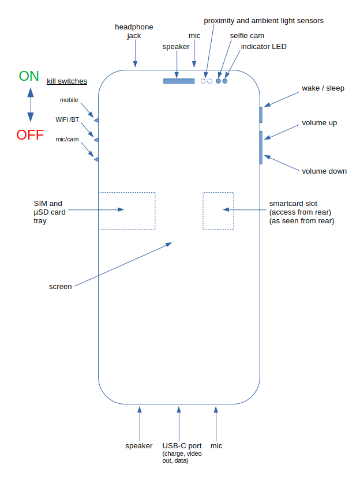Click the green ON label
click(29, 76)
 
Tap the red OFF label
click(30, 135)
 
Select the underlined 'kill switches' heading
click(67, 81)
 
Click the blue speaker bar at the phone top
click(179, 81)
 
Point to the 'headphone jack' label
click(134, 31)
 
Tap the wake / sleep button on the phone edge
click(261, 114)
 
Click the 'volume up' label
click(320, 123)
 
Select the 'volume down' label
click(324, 171)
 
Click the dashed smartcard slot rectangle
click(218, 211)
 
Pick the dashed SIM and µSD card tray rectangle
click(127, 211)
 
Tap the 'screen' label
click(61, 286)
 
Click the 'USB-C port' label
click(182, 445)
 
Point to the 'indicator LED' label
click(264, 47)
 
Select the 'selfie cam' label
click(247, 36)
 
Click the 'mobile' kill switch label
click(69, 100)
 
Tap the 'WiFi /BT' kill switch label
click(67, 119)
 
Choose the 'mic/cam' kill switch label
click(68, 139)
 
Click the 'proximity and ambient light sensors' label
click(264, 21)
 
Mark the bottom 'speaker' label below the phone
click(139, 445)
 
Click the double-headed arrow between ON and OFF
click(30, 105)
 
